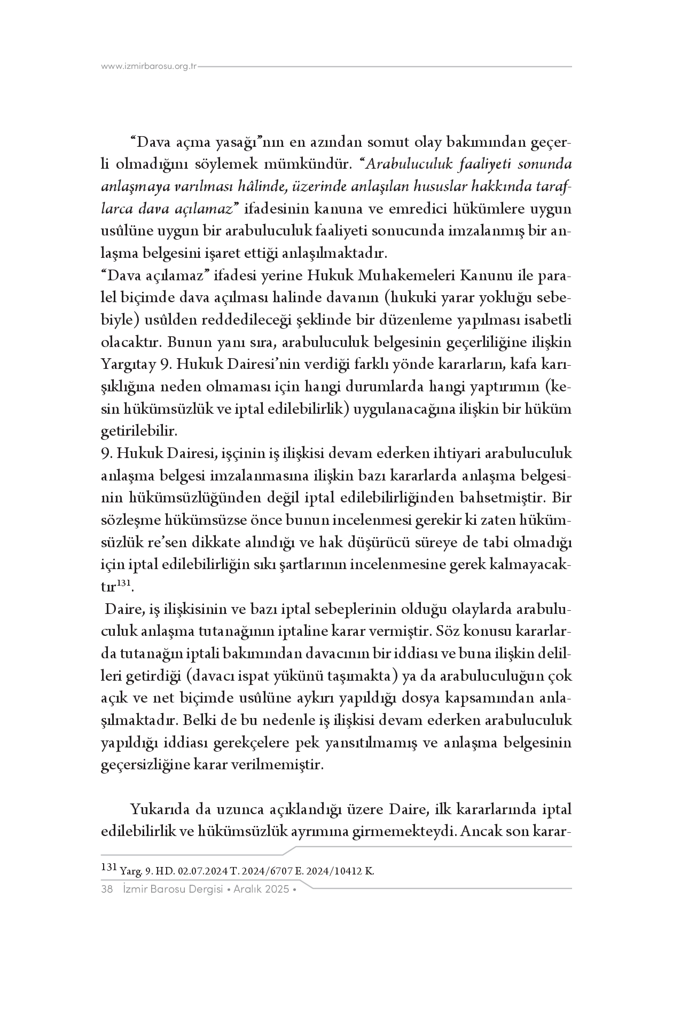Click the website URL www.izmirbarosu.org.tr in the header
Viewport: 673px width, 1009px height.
tap(150, 67)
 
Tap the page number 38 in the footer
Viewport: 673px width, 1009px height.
tap(106, 889)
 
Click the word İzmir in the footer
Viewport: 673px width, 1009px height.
tap(134, 889)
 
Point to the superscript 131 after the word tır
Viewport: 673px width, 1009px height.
tap(124, 584)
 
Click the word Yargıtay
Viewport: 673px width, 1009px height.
tap(126, 365)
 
